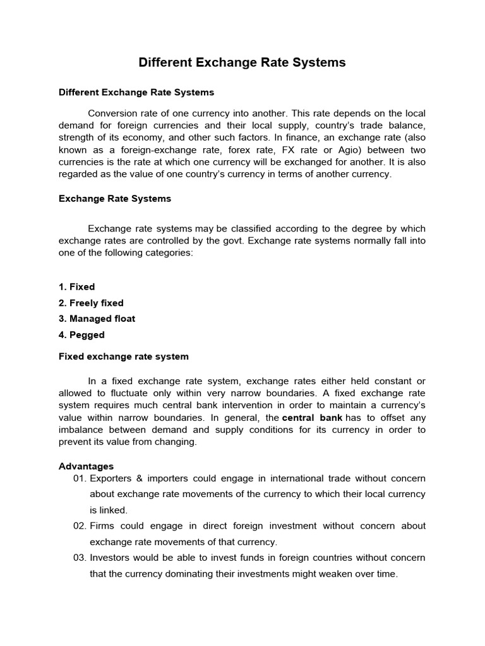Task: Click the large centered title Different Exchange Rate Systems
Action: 242,62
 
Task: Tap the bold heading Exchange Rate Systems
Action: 115,199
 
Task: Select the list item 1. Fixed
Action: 76,287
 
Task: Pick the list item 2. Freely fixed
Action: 91,303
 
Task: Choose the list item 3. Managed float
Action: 97,319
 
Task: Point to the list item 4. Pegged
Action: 81,335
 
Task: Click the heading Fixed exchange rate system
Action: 124,356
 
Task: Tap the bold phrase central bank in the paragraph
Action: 313,418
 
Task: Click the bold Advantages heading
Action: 86,466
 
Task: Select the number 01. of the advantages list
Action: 80,478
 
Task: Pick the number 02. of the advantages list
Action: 80,526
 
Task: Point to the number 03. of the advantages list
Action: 80,558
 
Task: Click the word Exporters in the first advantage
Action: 111,478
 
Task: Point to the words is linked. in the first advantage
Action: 109,509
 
